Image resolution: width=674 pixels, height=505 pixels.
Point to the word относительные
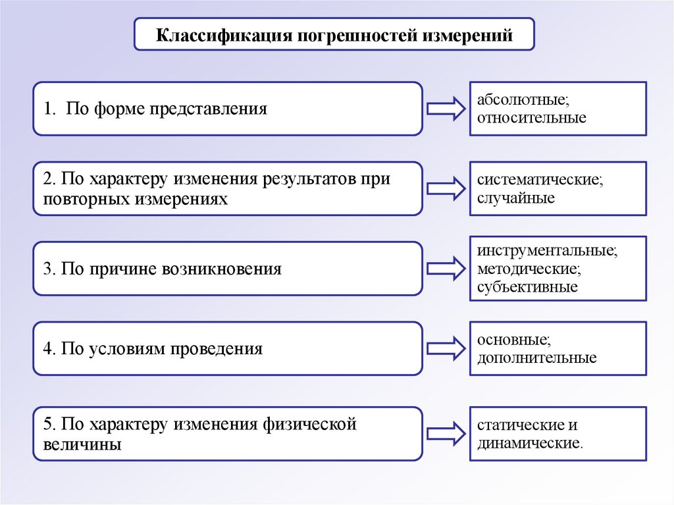(532, 119)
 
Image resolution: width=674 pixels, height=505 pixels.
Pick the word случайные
(516, 198)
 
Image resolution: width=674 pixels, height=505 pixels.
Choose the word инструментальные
(548, 252)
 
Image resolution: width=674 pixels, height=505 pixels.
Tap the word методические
(529, 269)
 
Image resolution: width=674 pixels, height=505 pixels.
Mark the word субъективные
(528, 286)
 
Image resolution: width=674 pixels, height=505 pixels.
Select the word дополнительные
(537, 358)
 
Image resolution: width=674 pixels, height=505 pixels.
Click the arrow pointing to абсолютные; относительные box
(446, 109)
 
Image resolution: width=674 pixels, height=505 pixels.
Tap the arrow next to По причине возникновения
(446, 269)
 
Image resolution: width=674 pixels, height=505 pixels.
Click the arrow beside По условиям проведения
(446, 348)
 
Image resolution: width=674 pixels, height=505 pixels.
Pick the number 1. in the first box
(50, 109)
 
